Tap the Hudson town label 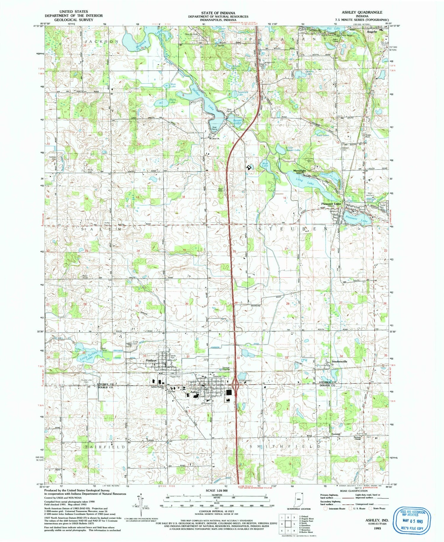[151, 360]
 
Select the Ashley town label [195, 392]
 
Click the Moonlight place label [299, 171]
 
